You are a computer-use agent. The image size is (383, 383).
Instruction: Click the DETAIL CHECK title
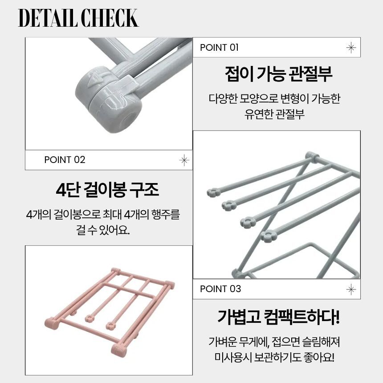78,18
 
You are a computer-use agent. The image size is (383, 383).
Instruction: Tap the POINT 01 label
219,47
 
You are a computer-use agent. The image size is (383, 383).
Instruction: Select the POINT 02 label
65,160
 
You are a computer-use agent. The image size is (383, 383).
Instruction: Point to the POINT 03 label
220,289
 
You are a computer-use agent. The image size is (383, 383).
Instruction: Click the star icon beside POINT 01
351,47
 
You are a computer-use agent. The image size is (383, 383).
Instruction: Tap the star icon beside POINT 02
184,160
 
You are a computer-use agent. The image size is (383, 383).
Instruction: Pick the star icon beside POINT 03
351,289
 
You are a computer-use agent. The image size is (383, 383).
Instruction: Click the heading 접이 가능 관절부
278,74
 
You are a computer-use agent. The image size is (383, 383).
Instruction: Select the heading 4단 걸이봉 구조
107,189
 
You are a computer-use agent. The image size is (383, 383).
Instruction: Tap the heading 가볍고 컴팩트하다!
278,317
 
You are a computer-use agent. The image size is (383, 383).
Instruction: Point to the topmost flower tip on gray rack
213,192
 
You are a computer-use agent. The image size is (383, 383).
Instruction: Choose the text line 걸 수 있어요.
102,230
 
